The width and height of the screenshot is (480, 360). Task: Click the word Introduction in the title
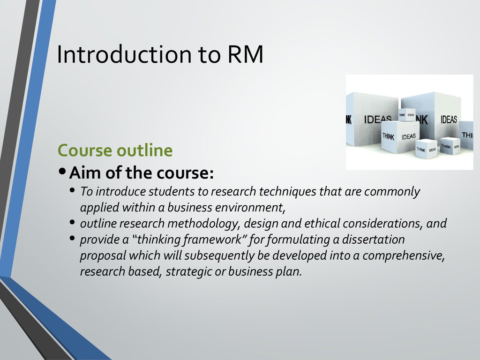click(x=124, y=54)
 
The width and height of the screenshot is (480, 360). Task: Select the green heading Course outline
click(x=115, y=150)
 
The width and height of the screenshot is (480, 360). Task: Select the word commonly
click(x=392, y=192)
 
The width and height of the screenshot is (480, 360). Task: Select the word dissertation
click(x=374, y=240)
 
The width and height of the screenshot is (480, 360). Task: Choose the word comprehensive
click(x=404, y=256)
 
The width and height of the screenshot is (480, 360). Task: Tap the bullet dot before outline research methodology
click(x=73, y=222)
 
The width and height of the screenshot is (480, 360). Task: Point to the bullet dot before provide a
click(x=73, y=238)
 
